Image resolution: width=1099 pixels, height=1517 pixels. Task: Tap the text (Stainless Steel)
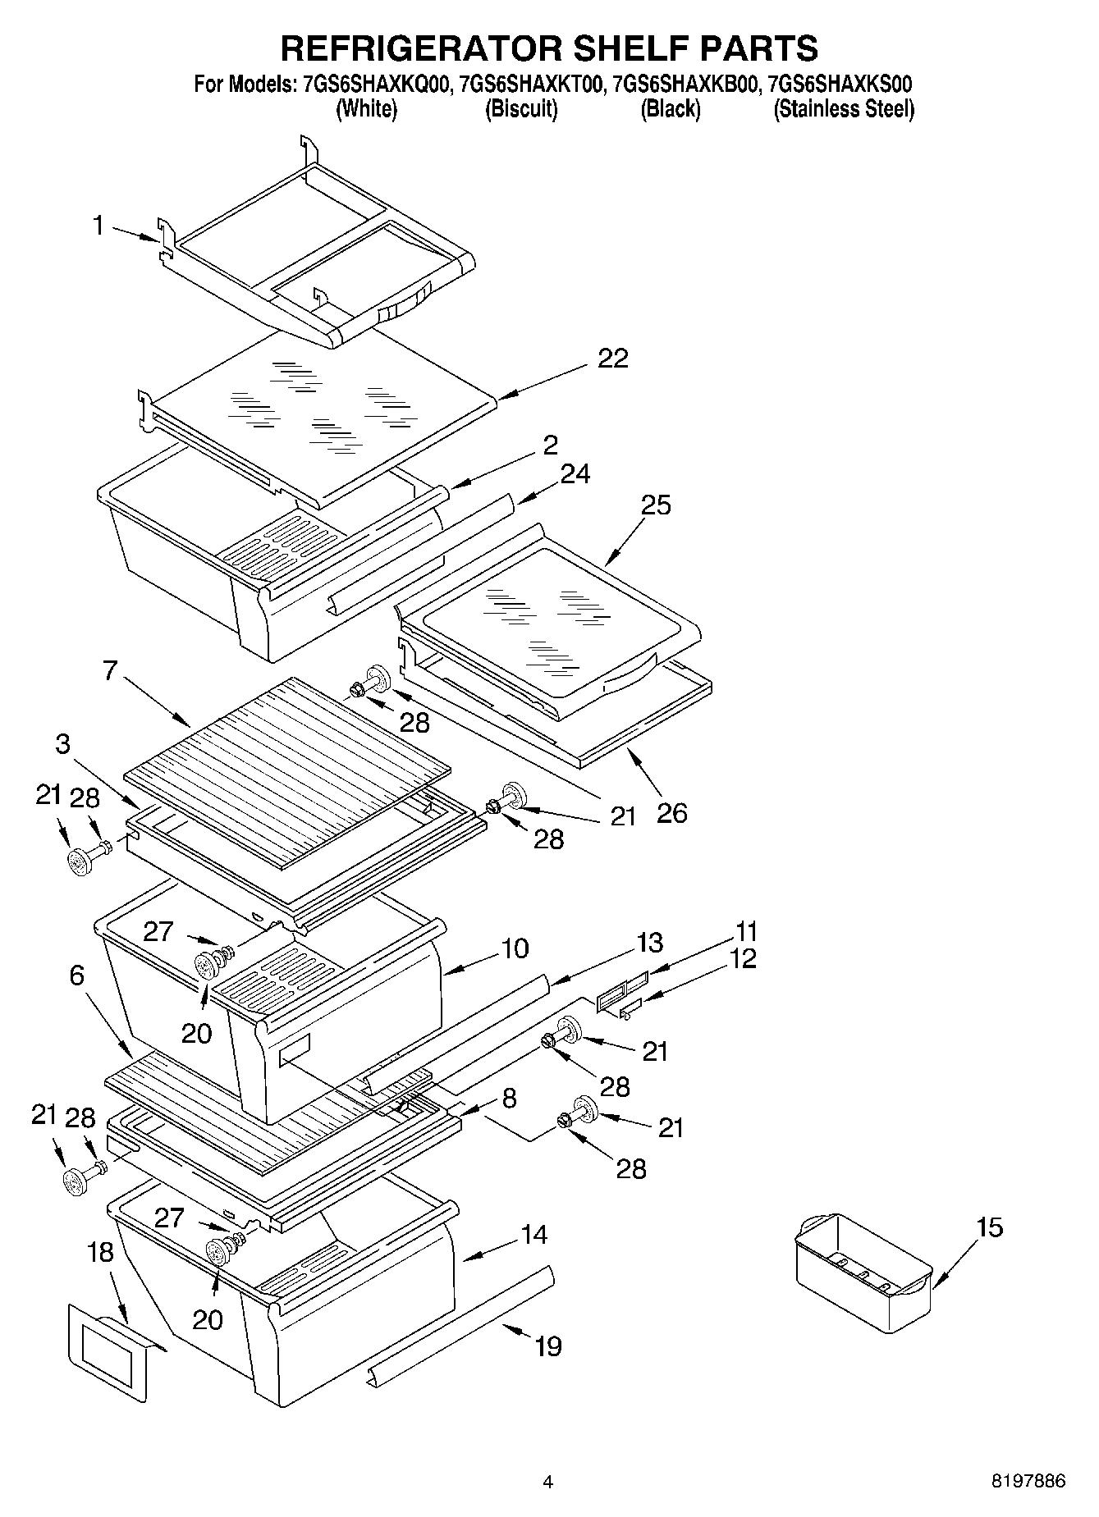click(x=843, y=109)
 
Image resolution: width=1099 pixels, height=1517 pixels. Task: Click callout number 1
click(x=98, y=226)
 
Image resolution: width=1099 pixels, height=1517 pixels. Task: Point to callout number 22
click(x=612, y=359)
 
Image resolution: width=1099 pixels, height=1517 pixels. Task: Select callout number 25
click(x=656, y=505)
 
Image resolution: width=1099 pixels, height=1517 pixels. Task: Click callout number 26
click(x=671, y=813)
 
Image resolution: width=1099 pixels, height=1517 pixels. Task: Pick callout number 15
click(x=990, y=1227)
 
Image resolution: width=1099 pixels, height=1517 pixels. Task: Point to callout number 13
click(x=648, y=943)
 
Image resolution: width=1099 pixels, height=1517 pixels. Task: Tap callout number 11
click(x=746, y=932)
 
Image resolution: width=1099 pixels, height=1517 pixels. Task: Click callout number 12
click(x=743, y=958)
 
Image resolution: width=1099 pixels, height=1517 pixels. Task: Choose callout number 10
click(x=515, y=948)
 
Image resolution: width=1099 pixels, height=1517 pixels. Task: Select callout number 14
click(x=534, y=1234)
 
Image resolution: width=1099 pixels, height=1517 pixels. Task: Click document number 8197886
click(x=1028, y=1482)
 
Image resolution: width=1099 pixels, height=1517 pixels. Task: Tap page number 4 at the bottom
click(x=548, y=1482)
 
